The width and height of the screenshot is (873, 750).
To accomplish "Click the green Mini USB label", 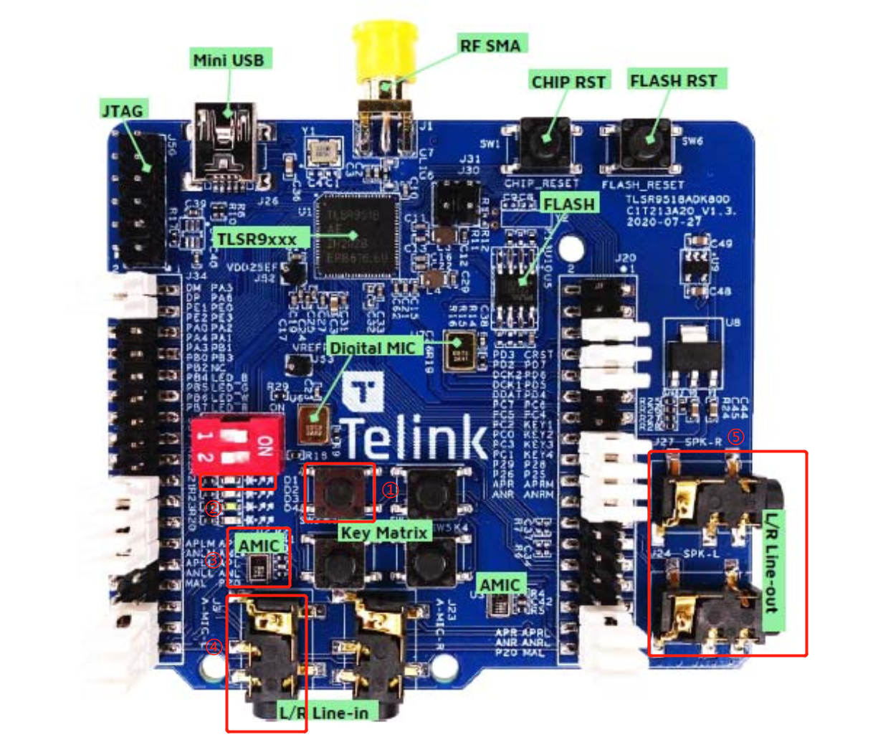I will (229, 59).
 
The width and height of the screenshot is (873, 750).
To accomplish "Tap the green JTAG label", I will (122, 110).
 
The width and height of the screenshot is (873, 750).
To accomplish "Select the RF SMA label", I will (491, 45).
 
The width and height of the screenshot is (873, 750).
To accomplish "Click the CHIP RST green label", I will (568, 81).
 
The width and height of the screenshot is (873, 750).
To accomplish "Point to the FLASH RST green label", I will (673, 80).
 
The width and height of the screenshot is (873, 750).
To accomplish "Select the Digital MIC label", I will (373, 348).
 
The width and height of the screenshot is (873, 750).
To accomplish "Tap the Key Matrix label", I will (383, 533).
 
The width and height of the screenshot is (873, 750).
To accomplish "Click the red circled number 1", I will (390, 490).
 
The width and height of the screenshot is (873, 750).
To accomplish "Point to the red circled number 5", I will (735, 437).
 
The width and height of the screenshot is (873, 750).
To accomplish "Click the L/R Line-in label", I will (324, 713).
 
